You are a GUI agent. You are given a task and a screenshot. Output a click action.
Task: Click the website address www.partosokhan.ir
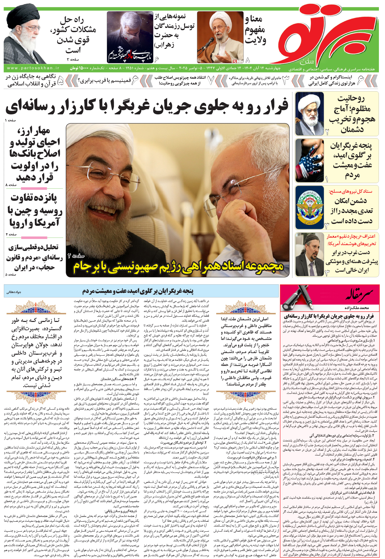33,68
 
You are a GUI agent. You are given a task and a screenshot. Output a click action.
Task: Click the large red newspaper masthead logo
324,35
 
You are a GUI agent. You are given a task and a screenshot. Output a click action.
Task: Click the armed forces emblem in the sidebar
310,207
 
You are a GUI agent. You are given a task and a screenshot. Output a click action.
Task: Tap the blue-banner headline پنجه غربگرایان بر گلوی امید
138,291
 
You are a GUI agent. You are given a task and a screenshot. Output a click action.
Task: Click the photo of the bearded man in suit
310,254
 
